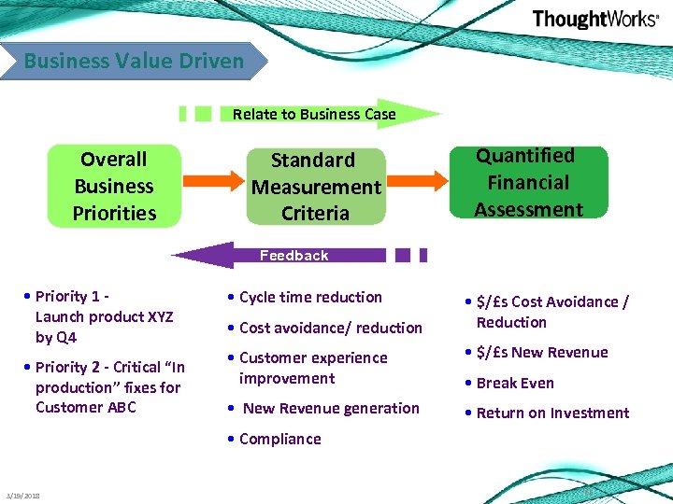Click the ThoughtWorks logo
coord(594,20)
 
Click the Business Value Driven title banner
coord(134,62)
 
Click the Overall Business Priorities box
coord(114,186)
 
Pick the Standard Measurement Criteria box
coord(315,187)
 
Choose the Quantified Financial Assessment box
coord(528,182)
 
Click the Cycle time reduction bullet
coord(310,297)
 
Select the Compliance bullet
coord(279,439)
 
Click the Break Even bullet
coord(514,383)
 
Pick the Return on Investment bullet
coord(552,413)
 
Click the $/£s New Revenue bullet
coord(541,352)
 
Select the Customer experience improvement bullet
coord(312,368)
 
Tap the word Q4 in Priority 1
coord(67,337)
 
